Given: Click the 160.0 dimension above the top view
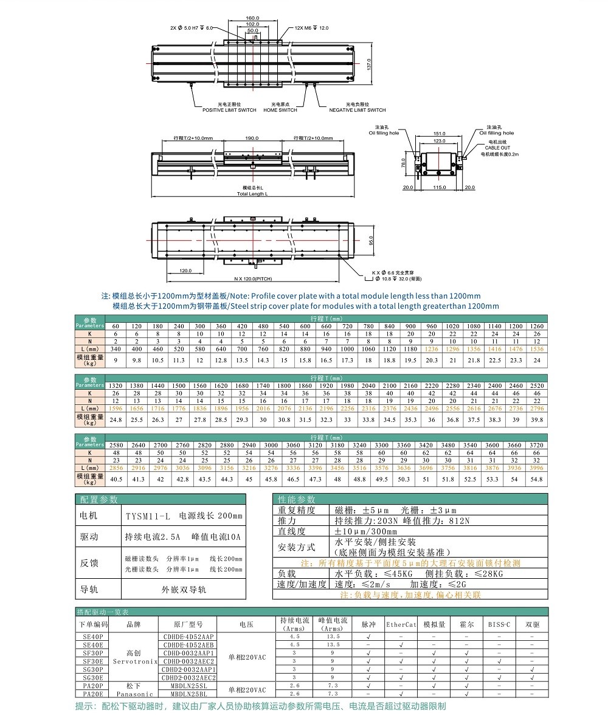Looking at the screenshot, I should pos(253,18).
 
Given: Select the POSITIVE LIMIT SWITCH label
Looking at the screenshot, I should pos(229,110).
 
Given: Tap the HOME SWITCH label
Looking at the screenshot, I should pos(280,110).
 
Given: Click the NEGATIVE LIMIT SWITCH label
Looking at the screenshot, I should pos(358,110).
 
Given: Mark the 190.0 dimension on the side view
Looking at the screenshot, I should pos(252,138).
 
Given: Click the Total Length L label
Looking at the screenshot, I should pos(252,193).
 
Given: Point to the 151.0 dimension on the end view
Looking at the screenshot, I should pos(439,134).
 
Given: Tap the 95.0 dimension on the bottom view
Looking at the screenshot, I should pos(371,240).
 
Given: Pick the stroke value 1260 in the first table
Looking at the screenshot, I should pos(537,326).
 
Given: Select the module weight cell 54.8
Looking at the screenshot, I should pos(537,480).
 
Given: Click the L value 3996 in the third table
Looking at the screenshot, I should pos(537,468).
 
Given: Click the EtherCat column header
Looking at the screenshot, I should pos(401,624).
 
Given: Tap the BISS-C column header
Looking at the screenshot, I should pos(499,624).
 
